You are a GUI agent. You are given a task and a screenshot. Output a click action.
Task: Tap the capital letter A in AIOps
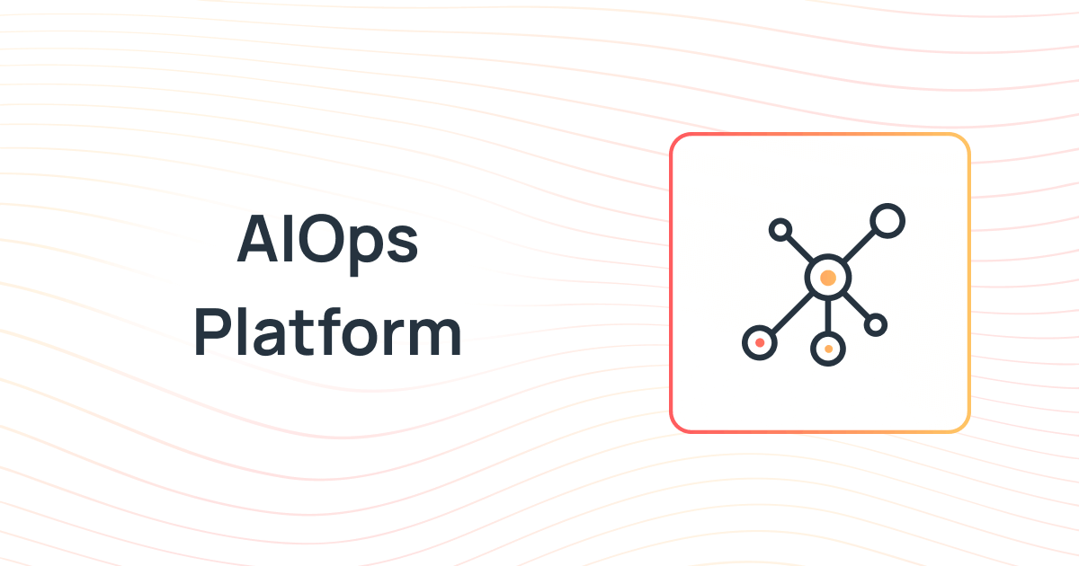259,241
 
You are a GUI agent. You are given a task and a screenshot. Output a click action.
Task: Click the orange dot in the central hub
827,278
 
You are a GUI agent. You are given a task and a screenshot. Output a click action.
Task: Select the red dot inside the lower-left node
760,342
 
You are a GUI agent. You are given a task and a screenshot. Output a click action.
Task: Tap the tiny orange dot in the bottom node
827,348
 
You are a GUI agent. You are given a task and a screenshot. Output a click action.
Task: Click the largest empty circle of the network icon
887,221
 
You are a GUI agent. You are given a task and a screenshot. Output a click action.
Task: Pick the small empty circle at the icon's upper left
780,230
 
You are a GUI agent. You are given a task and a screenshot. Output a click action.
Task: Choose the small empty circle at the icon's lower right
875,324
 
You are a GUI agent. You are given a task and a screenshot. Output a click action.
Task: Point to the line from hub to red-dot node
789,314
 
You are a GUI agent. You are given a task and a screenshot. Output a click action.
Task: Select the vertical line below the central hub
827,314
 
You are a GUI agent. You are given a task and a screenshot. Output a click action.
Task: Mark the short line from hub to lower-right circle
857,306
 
